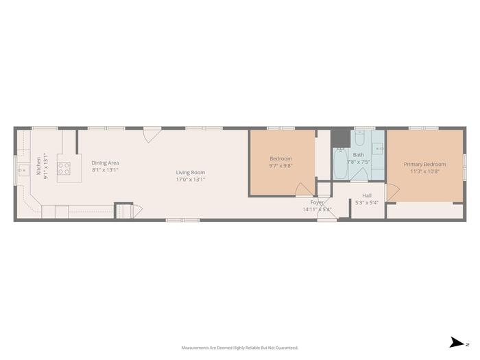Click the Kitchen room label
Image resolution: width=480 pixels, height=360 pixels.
pos(38,166)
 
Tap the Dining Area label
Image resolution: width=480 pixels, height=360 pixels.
pos(105,163)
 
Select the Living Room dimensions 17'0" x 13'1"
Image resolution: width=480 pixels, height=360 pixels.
pos(191,180)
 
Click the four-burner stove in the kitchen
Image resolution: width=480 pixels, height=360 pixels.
pos(64,169)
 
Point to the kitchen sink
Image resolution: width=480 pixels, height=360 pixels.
pos(23,170)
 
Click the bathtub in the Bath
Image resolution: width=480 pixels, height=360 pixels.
pos(340,163)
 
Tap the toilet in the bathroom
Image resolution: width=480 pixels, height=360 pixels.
pos(359,139)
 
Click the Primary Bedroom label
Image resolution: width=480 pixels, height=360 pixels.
pos(424,165)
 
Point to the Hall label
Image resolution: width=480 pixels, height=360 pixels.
pos(367,195)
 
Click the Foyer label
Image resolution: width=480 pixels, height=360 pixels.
pos(317,202)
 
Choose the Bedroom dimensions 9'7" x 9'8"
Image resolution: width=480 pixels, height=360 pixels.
pos(280,166)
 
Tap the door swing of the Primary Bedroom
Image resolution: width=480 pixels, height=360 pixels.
pos(393,192)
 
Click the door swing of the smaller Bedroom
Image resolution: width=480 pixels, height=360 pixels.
pos(304,189)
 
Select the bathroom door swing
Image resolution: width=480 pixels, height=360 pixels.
pos(359,174)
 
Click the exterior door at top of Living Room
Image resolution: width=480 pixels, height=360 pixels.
pos(152,136)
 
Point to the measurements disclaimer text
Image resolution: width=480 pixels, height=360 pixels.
pos(240,348)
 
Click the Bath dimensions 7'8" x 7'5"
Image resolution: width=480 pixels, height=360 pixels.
pos(359,162)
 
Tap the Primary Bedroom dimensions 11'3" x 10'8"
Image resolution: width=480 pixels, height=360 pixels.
pos(425,171)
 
